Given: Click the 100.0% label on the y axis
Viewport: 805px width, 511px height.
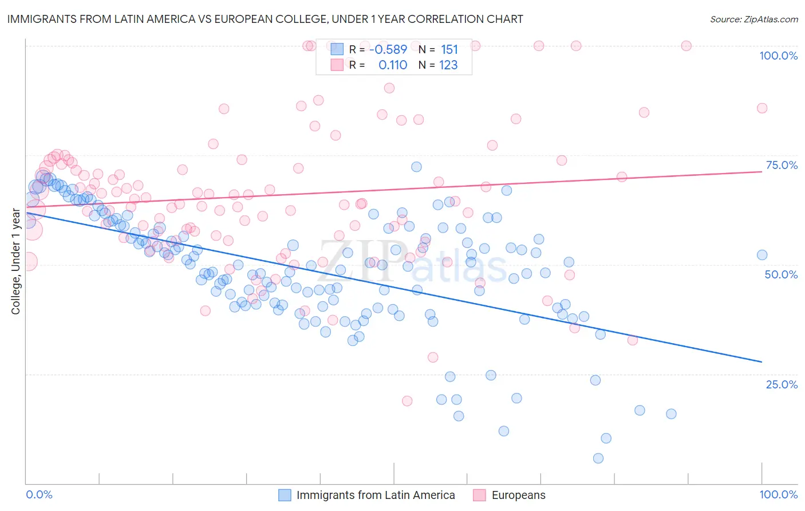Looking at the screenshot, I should (778, 56).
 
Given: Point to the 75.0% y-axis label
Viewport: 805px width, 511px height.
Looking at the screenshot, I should (782, 165).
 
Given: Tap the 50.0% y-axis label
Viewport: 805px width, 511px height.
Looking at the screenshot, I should (781, 274).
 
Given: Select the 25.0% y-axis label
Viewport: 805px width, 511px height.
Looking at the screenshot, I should (782, 384).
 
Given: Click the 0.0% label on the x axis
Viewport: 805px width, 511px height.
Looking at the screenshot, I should (40, 494).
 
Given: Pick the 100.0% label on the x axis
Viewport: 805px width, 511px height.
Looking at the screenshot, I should (778, 494).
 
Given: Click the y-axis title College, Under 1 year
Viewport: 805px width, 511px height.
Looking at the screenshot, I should (16, 262).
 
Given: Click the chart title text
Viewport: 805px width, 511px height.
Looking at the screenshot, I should (265, 19).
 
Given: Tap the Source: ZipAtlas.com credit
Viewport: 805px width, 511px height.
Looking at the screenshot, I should (753, 19).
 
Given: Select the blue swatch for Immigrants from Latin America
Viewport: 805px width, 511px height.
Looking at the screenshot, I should (285, 495).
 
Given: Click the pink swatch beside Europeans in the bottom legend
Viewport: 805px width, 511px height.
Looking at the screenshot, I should (479, 495).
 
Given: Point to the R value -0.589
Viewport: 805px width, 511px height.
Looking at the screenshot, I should (388, 50).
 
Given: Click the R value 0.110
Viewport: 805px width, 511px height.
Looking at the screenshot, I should (393, 65).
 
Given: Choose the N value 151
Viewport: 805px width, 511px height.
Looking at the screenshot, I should (449, 50).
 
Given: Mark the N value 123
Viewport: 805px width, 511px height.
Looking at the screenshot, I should (448, 65).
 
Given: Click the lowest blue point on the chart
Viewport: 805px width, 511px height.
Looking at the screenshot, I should (598, 458).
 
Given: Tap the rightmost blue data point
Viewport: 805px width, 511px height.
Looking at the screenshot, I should (762, 255).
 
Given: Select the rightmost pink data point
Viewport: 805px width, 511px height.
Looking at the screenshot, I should (762, 108).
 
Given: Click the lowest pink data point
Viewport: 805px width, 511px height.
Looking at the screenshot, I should (407, 401).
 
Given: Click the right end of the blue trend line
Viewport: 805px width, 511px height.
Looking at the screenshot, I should (762, 362).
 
